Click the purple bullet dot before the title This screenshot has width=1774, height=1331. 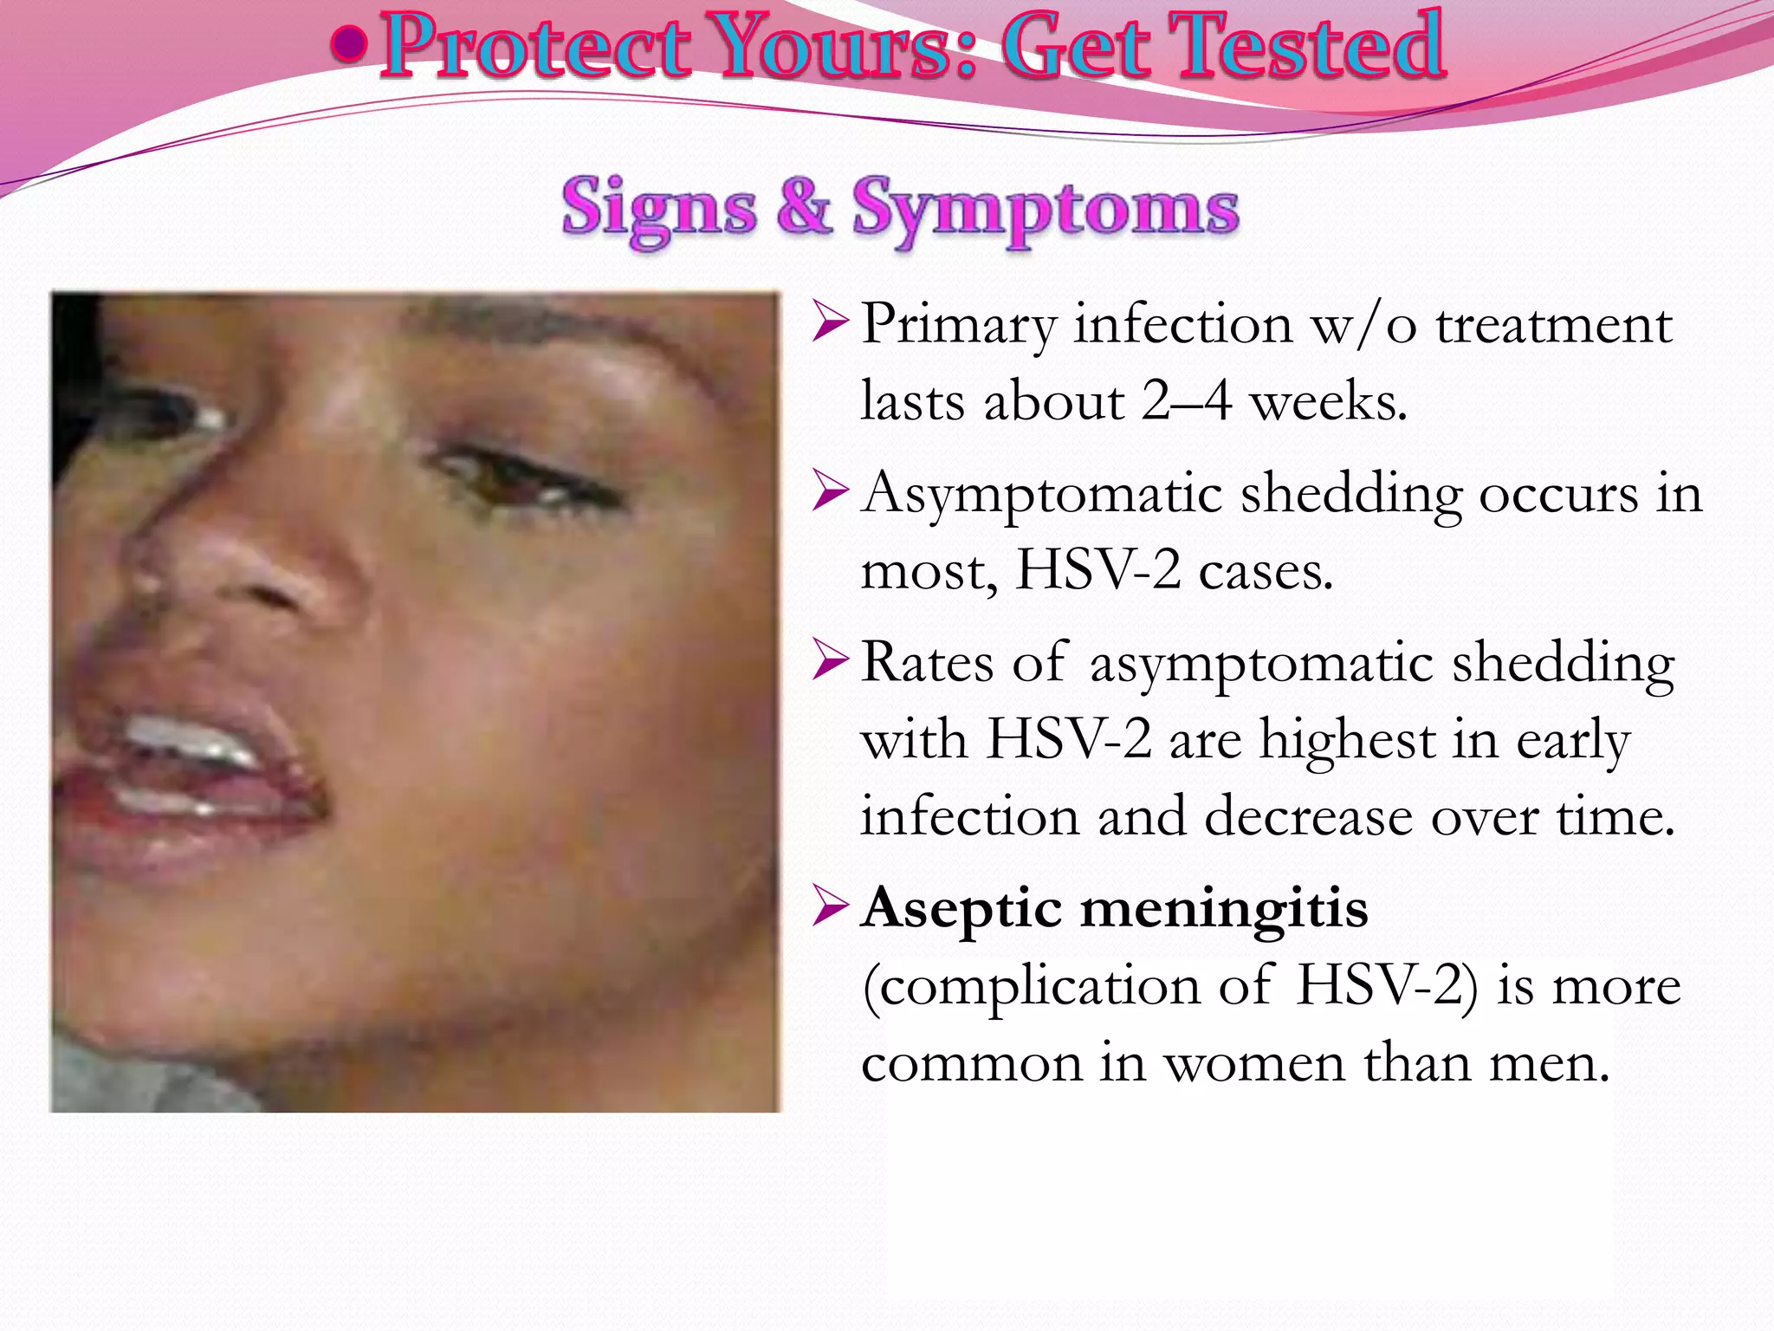click(x=348, y=45)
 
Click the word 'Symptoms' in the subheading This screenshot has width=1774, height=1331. click(x=1046, y=210)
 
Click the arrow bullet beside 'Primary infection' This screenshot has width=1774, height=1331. click(x=829, y=323)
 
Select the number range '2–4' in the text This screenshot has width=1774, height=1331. click(x=1187, y=402)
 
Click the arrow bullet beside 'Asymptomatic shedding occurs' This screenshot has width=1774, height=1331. click(x=829, y=493)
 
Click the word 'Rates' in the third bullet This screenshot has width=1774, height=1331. click(x=928, y=663)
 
